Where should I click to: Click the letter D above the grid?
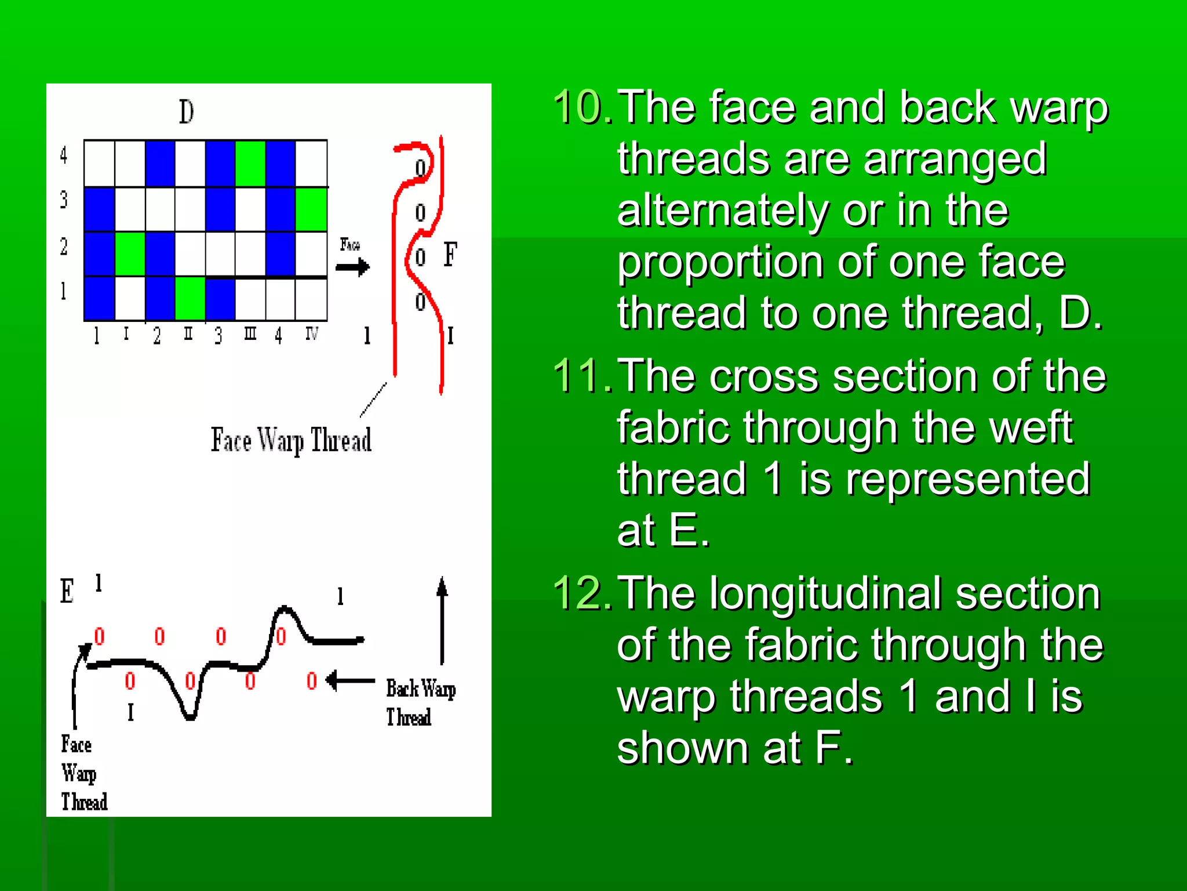(x=186, y=112)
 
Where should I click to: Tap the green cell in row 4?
(x=250, y=164)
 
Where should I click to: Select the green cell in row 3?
(x=311, y=209)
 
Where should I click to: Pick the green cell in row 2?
(x=130, y=254)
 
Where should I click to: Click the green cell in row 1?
(x=190, y=299)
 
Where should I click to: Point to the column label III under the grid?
(x=250, y=334)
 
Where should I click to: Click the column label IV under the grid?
(x=311, y=334)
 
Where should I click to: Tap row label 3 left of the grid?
(x=64, y=200)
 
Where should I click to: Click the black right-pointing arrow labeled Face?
(x=352, y=267)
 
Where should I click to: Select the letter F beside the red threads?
(x=450, y=254)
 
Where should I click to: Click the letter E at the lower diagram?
(x=67, y=591)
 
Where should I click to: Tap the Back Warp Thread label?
(x=420, y=702)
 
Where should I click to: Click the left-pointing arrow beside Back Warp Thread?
(x=350, y=680)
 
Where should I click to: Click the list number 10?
(x=582, y=108)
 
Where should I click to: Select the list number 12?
(x=582, y=593)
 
